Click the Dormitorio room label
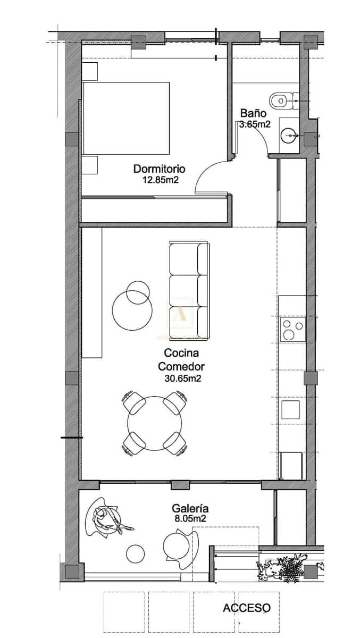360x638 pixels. tap(159, 169)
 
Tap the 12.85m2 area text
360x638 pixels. tap(160, 180)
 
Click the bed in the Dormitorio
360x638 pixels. tap(126, 118)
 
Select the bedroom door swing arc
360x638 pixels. tap(209, 175)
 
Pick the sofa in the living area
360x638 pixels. tap(189, 290)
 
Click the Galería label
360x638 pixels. tap(190, 508)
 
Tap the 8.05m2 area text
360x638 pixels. tap(190, 518)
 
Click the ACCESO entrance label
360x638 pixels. tap(246, 608)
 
